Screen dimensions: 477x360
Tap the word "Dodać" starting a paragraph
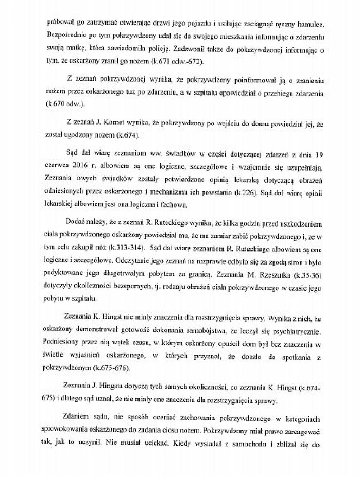[75, 222]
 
